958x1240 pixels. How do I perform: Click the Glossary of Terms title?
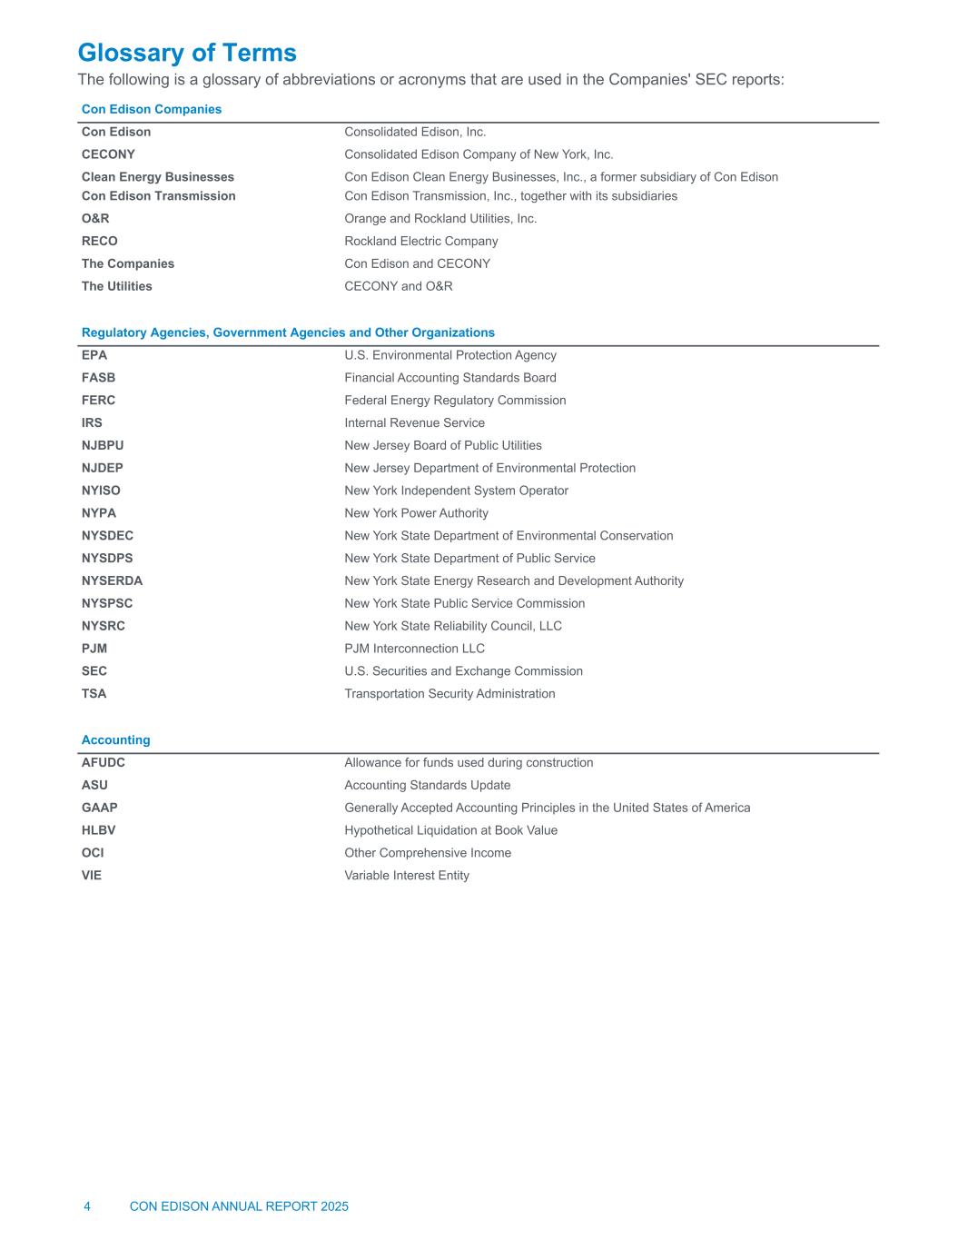coord(187,53)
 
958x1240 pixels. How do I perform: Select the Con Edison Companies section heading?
coord(152,109)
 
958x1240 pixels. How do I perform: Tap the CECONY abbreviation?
coord(108,154)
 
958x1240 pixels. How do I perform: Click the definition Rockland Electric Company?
coord(421,241)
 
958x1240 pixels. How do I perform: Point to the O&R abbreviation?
coord(95,218)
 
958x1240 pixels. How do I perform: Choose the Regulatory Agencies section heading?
coord(288,332)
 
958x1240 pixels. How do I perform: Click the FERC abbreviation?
coord(98,400)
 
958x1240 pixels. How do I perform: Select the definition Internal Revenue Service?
coord(414,422)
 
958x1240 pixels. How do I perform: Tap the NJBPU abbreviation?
coord(103,445)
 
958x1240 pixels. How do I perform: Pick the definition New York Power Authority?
coord(416,513)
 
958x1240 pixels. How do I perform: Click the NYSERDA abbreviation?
coord(112,580)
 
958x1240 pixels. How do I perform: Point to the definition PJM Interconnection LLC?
coord(414,649)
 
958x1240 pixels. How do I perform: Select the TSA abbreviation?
coord(94,693)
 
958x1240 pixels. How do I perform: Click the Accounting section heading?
coord(116,739)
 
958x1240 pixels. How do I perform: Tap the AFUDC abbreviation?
coord(104,762)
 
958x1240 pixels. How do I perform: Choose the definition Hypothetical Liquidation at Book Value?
coord(450,830)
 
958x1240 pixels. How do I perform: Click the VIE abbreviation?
coord(92,875)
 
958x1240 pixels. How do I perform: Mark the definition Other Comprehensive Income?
coord(428,852)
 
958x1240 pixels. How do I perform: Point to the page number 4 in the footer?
coord(87,1206)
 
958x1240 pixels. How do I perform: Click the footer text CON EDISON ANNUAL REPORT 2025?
coord(239,1206)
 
